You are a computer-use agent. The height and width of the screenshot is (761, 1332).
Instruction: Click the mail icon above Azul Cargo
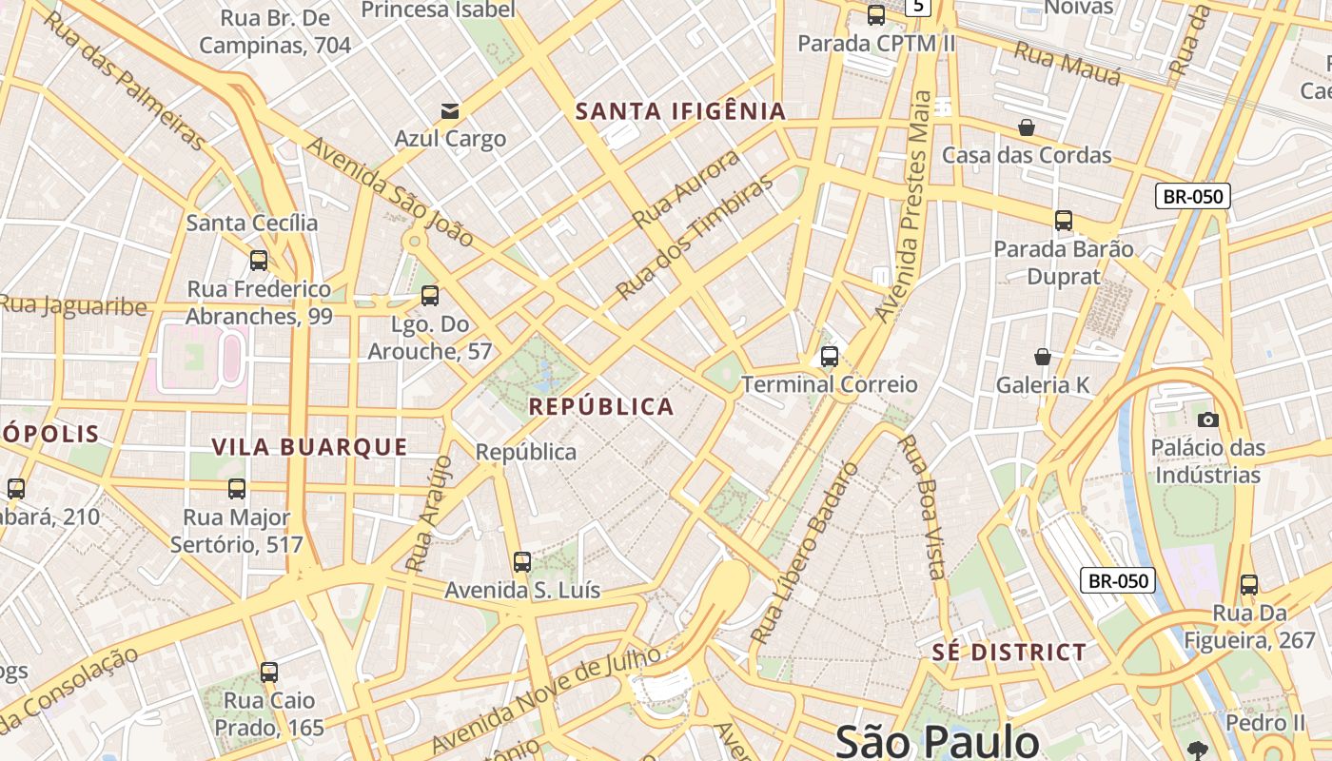point(449,111)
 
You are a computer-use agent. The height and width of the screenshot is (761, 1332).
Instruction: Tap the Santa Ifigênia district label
point(680,111)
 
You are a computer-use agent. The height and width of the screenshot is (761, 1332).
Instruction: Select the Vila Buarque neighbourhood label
point(309,447)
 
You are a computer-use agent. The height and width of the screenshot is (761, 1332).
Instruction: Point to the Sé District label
point(1009,653)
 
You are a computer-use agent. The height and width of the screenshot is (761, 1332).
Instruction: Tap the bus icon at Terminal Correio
point(830,357)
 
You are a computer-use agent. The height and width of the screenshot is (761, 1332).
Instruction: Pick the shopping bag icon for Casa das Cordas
point(1027,127)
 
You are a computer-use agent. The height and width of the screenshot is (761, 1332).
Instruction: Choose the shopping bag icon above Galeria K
point(1043,357)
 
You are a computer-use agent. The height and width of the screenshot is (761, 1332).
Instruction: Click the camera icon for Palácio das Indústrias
point(1207,420)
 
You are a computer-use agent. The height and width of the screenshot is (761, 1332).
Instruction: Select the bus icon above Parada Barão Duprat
point(1064,221)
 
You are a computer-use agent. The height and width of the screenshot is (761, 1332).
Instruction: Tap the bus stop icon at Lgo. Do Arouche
point(430,296)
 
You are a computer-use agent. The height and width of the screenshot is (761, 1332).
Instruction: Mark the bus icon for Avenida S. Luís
point(522,561)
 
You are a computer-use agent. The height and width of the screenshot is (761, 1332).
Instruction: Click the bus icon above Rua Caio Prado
point(269,673)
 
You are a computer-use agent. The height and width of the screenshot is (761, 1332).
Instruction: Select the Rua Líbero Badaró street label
point(804,552)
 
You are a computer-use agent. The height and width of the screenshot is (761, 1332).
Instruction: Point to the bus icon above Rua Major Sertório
point(237,489)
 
